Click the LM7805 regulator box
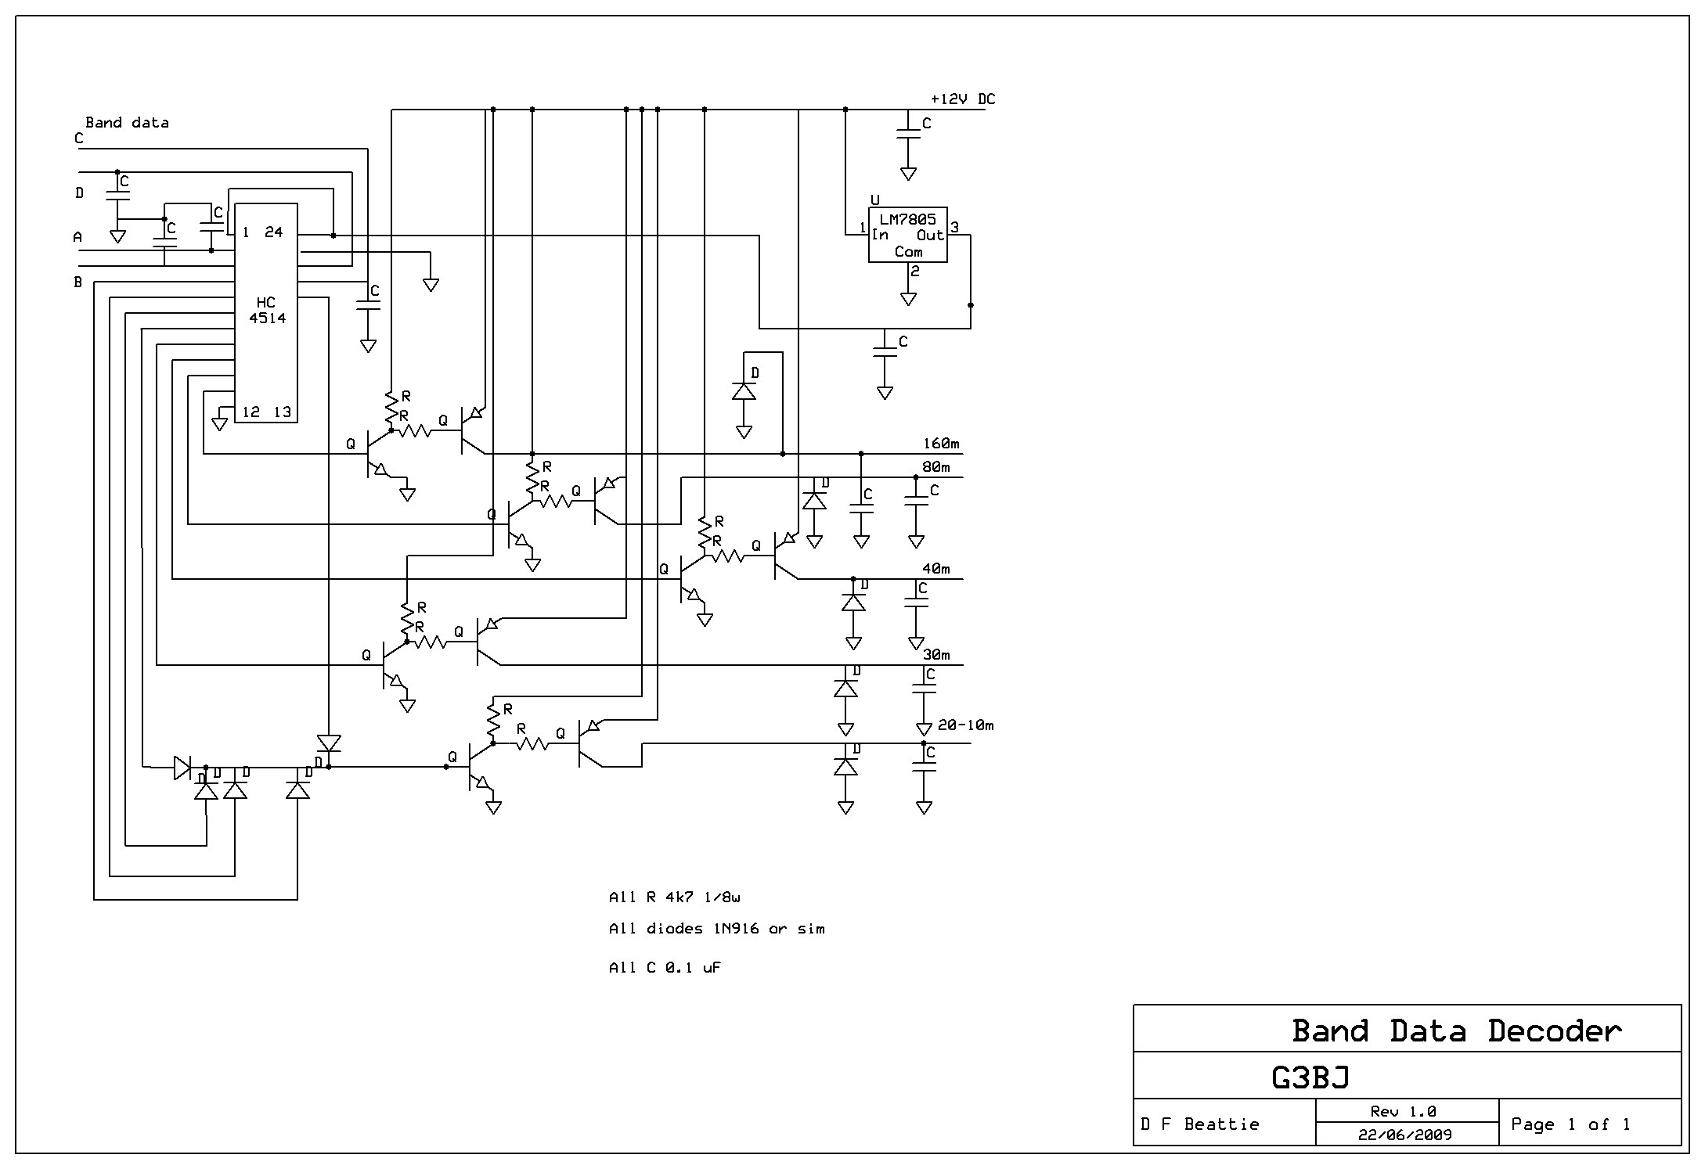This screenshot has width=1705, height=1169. (907, 235)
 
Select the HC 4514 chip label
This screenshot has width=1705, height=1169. (266, 311)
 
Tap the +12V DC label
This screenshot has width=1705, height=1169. (962, 99)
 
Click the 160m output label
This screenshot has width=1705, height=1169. (941, 444)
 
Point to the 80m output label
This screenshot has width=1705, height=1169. (935, 467)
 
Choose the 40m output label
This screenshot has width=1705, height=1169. (935, 569)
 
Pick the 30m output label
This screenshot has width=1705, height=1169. (935, 655)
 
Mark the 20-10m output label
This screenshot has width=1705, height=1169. (965, 725)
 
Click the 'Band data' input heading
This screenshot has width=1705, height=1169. (127, 123)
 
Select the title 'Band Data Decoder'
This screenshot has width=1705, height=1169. (1456, 1031)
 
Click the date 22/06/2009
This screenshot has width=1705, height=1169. (1404, 1135)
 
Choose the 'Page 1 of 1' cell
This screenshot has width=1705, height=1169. (1570, 1124)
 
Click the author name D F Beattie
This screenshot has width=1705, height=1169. (1200, 1124)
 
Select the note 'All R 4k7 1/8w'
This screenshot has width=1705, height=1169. (673, 897)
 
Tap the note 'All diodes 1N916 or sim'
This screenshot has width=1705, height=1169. (716, 929)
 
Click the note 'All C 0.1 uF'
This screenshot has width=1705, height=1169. (665, 968)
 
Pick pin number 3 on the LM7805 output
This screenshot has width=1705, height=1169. (954, 228)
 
